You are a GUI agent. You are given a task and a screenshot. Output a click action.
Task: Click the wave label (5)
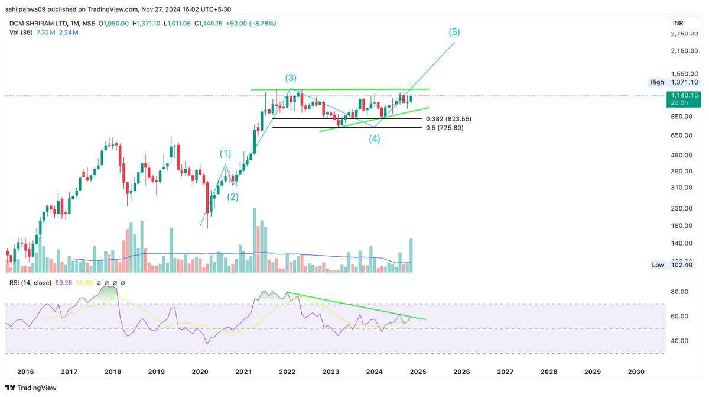pos(453,32)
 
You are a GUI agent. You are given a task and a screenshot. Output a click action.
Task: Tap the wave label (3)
pos(291,78)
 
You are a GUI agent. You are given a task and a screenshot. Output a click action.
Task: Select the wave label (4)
pos(375,139)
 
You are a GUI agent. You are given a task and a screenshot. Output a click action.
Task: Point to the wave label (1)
pos(226,154)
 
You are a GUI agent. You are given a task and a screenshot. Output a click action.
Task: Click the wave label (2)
pos(233,197)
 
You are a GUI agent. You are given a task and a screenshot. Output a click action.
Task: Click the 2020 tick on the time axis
pos(200,372)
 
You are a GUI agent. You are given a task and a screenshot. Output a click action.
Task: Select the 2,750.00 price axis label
pos(683,34)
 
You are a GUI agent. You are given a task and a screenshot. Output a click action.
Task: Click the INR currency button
pos(678,23)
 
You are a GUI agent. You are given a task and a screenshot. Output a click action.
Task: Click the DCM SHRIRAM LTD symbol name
pos(35,23)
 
